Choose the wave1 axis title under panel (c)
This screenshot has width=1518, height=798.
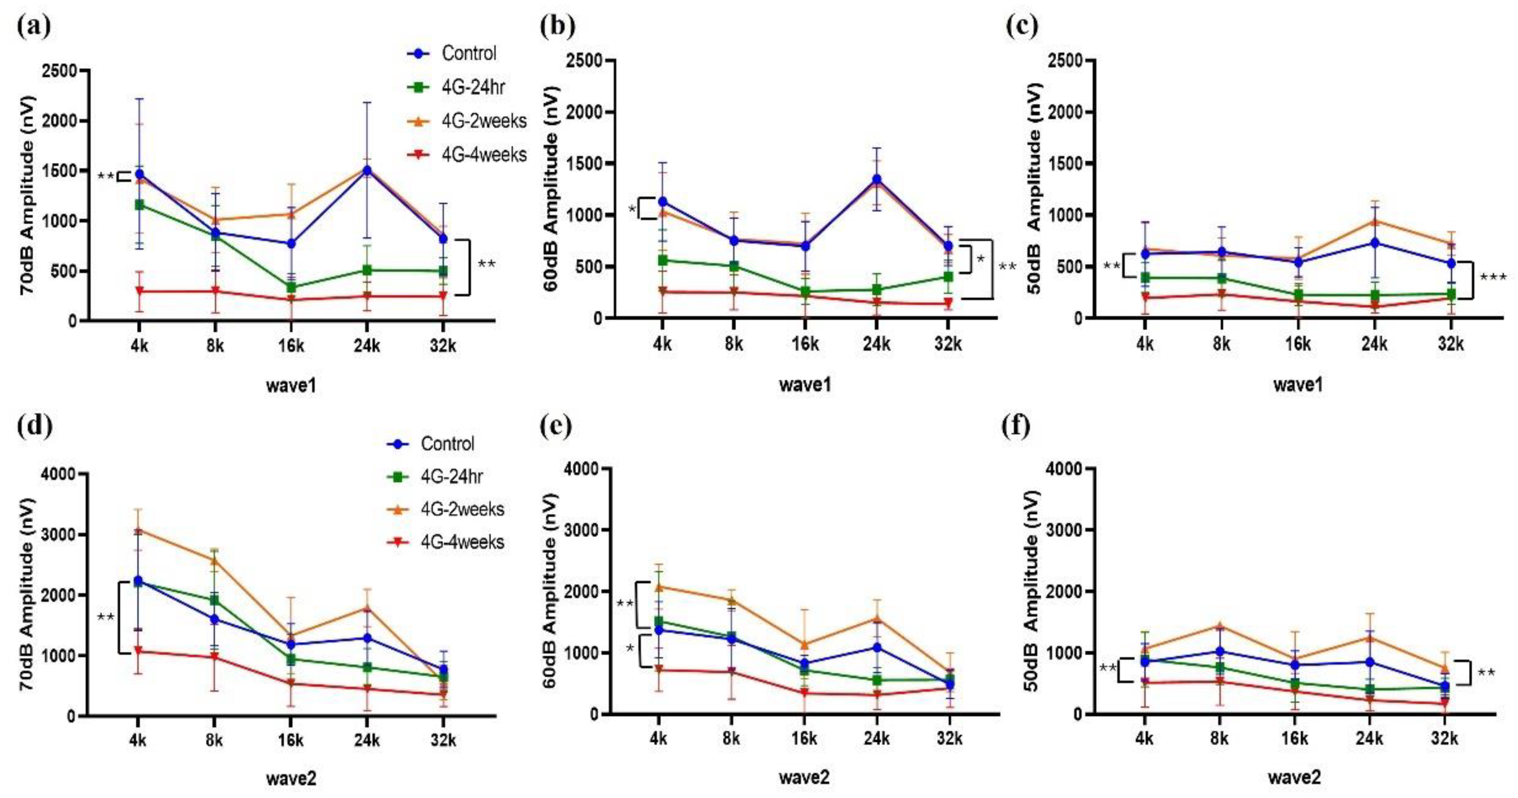point(1298,384)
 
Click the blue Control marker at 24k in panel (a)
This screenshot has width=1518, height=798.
point(366,170)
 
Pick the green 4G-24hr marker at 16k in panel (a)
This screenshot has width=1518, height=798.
point(291,288)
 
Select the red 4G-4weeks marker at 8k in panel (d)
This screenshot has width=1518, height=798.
point(215,656)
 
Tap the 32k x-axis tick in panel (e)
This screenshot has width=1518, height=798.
point(949,739)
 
